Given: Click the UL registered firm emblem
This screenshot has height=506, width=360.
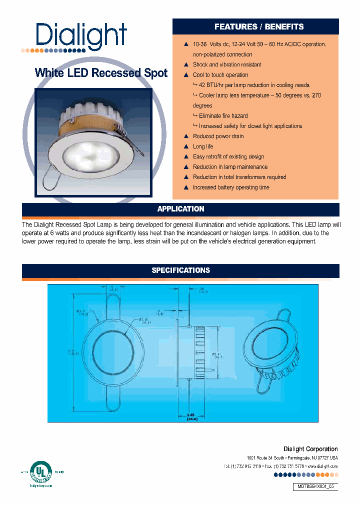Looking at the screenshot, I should tap(41, 471).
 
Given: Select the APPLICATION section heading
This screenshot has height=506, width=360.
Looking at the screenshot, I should tap(180, 209).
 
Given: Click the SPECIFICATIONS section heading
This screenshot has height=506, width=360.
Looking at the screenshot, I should tap(180, 270).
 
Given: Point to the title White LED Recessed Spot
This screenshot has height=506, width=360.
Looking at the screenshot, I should tap(101, 73).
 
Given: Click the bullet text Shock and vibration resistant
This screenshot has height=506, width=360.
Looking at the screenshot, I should tap(227, 64).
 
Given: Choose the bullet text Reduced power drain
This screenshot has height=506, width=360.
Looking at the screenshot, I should tap(218, 136).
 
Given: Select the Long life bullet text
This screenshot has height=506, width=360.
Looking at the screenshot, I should tap(203, 146).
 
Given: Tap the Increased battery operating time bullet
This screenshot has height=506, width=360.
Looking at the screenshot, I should tap(231, 187).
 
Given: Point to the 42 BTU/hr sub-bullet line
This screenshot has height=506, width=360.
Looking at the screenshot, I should tap(253, 85).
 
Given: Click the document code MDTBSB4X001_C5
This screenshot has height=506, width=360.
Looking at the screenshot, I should tap(315, 487).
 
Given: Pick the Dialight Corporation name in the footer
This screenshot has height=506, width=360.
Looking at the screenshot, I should tap(310, 449).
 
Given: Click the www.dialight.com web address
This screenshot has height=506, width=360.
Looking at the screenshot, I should tap(320, 466).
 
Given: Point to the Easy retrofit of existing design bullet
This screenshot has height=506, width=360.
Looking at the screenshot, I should tap(228, 156).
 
